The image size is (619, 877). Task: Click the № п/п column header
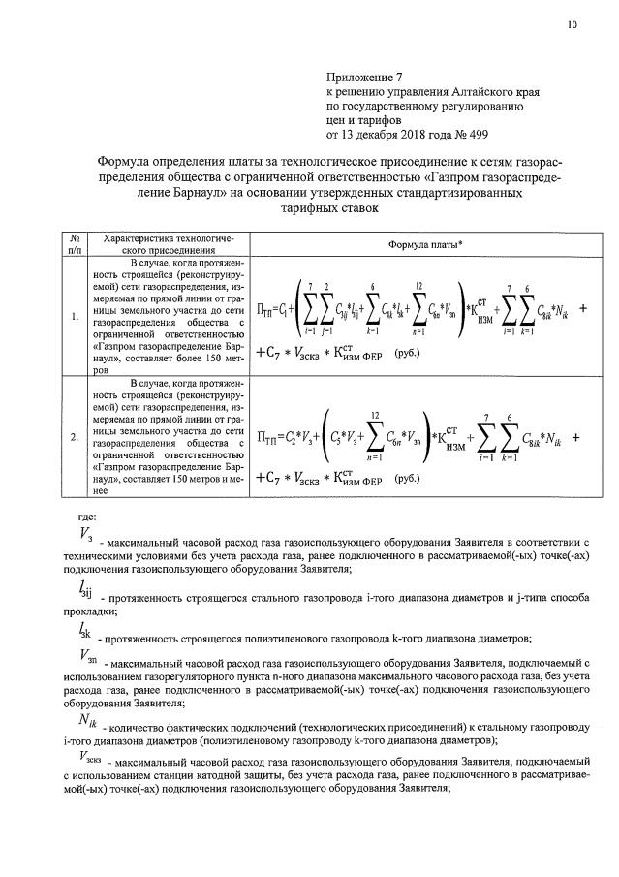74,243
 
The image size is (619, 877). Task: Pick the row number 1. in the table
75,316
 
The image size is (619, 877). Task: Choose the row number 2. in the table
75,436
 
